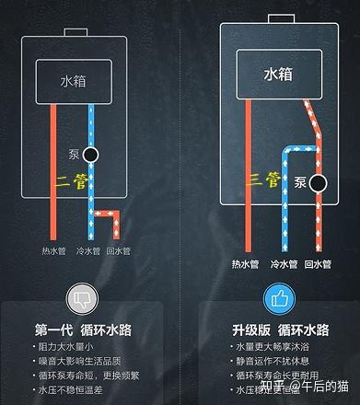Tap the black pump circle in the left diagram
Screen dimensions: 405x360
click(90, 155)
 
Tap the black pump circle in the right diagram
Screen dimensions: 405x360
click(319, 182)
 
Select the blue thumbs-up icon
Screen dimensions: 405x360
click(278, 299)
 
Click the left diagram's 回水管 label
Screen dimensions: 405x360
click(119, 250)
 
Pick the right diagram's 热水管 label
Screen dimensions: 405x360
click(246, 264)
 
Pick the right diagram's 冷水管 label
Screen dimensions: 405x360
click(283, 264)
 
